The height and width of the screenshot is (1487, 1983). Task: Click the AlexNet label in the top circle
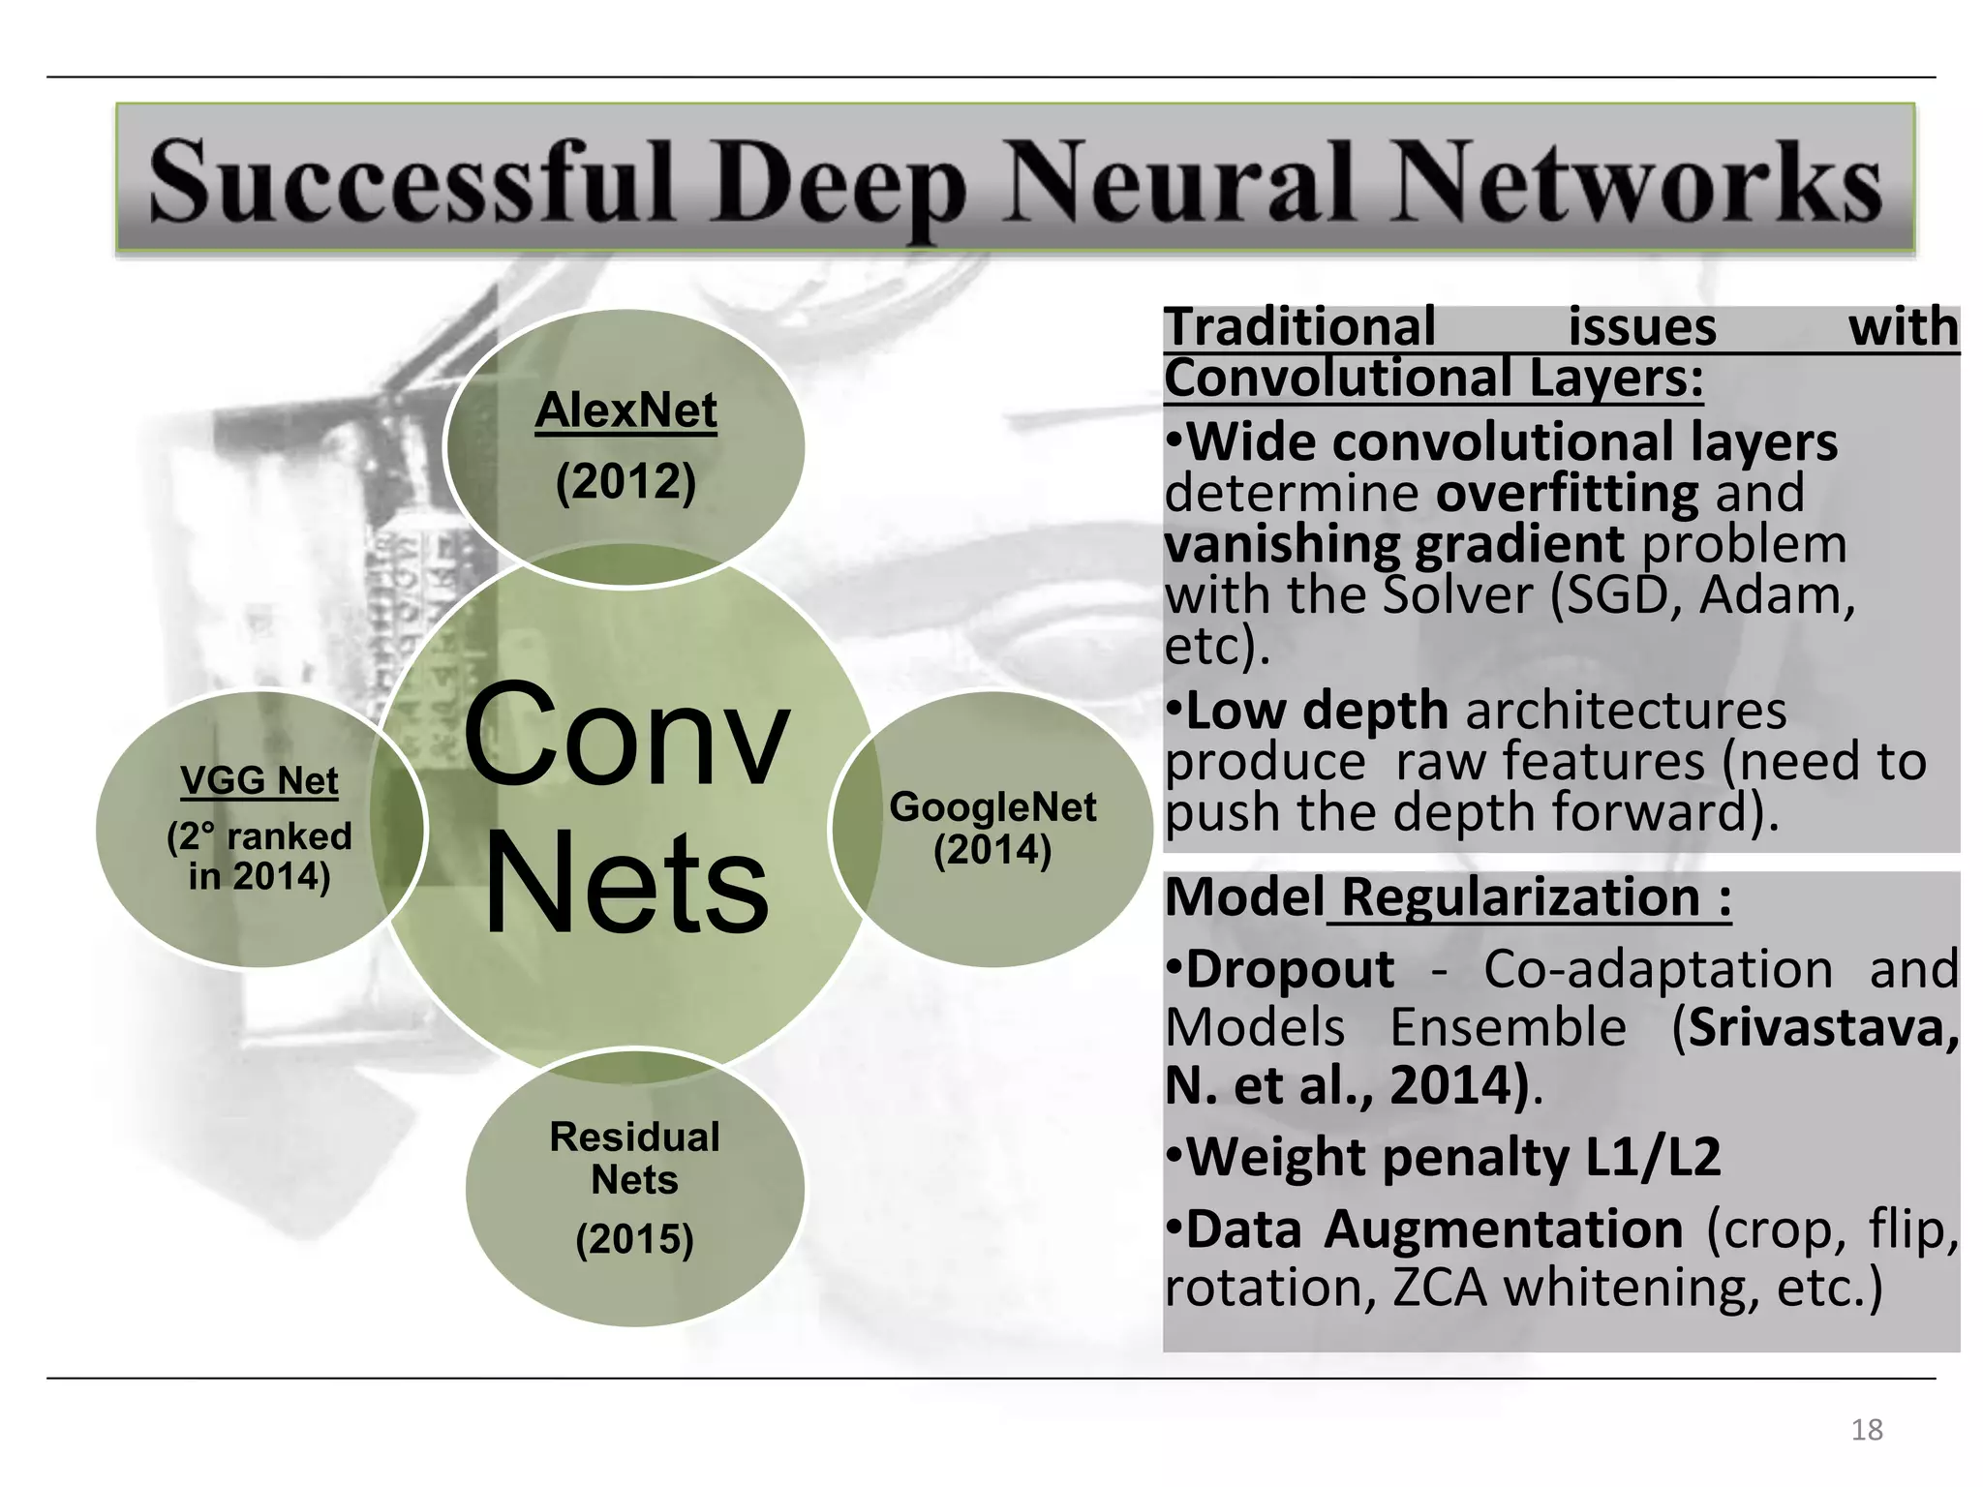click(626, 411)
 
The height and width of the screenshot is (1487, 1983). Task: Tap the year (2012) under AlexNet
click(625, 481)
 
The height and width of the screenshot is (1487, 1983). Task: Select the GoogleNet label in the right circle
click(992, 806)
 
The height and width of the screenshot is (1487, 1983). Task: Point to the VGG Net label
click(259, 780)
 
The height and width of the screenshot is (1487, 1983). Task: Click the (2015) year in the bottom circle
click(634, 1239)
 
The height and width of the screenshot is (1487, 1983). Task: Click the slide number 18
click(1867, 1430)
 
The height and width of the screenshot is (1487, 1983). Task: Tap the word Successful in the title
click(412, 182)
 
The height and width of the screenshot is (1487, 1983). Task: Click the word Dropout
click(1290, 969)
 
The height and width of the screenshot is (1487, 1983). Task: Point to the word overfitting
click(1567, 493)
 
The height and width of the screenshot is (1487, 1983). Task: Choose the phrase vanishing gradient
click(1394, 544)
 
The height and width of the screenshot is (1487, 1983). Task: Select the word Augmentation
click(1504, 1229)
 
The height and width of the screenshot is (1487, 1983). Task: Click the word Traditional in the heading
click(1300, 327)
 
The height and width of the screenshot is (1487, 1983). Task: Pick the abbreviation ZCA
click(1440, 1289)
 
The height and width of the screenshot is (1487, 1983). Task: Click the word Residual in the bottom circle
click(634, 1138)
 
